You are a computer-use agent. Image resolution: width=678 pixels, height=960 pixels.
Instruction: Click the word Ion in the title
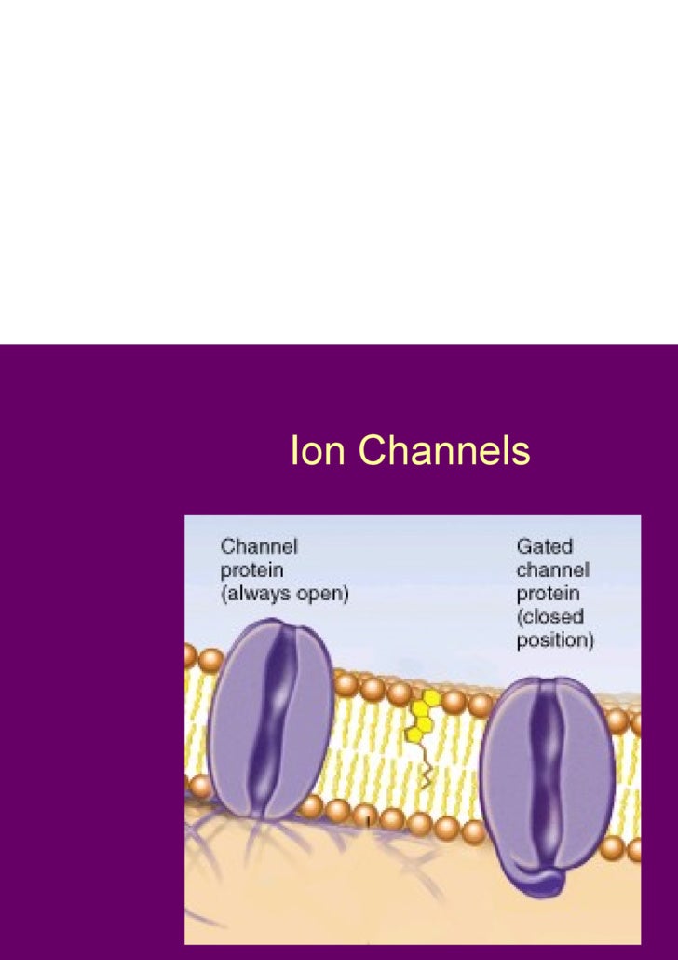coord(319,451)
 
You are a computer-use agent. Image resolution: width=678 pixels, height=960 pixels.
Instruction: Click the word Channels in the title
coord(444,451)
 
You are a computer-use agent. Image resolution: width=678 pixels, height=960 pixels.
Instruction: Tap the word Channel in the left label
coord(259,546)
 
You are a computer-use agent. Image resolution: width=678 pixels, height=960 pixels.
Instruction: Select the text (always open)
coord(284,594)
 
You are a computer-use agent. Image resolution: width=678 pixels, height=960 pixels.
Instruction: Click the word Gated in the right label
coord(545,546)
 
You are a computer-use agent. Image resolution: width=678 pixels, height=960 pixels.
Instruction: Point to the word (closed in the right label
coord(549,617)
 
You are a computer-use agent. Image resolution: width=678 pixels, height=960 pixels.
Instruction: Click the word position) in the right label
coord(555,641)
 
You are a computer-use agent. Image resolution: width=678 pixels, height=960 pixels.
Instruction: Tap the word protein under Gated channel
coord(549,594)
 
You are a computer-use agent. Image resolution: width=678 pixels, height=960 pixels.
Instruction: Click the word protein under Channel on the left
coord(251,570)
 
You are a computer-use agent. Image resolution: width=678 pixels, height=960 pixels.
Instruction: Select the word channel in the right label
coord(552,569)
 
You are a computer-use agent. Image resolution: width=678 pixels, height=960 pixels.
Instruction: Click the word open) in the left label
coord(325,594)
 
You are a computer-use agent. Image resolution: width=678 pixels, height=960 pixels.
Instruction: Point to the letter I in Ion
coord(294,451)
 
